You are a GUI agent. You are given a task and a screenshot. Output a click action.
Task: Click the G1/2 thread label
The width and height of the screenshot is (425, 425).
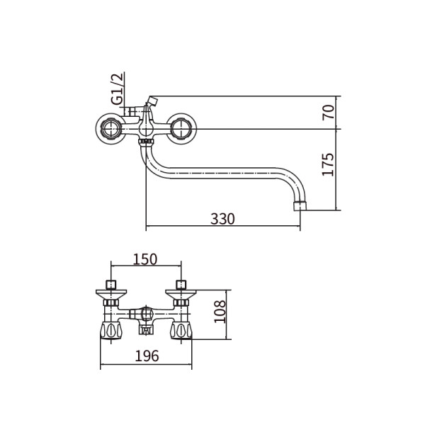[117, 89]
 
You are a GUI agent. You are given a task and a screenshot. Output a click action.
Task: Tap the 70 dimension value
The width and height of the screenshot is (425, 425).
[328, 112]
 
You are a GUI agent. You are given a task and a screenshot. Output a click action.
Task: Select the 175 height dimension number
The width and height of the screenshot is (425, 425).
[328, 164]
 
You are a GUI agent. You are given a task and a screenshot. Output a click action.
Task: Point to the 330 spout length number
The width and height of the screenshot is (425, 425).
[222, 219]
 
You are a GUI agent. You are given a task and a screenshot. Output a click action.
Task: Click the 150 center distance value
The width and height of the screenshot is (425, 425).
[145, 259]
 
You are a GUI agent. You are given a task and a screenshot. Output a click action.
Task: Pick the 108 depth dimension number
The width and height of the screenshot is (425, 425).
[220, 312]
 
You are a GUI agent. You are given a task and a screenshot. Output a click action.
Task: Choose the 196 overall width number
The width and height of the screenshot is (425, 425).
[147, 356]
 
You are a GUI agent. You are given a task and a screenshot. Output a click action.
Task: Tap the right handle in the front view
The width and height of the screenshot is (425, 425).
[181, 129]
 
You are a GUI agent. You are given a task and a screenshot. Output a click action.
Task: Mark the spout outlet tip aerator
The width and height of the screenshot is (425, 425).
[300, 205]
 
